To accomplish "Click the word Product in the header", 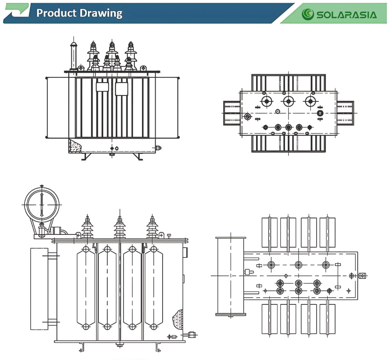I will [x=56, y=13].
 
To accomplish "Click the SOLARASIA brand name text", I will [x=346, y=15].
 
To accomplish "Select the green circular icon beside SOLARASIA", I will [x=308, y=14].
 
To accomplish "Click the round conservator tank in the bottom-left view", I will [x=42, y=205].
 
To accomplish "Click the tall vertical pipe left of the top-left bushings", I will [x=73, y=56].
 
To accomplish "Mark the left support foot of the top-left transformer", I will [x=86, y=157].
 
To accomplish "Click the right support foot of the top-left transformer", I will [x=138, y=157].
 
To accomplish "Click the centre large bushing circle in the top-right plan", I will [x=289, y=101].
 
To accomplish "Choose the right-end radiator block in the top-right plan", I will [x=345, y=113].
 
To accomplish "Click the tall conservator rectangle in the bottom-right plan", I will [x=231, y=276].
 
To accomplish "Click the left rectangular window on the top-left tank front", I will [x=102, y=86].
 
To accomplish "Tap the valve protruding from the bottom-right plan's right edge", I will [x=362, y=276].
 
